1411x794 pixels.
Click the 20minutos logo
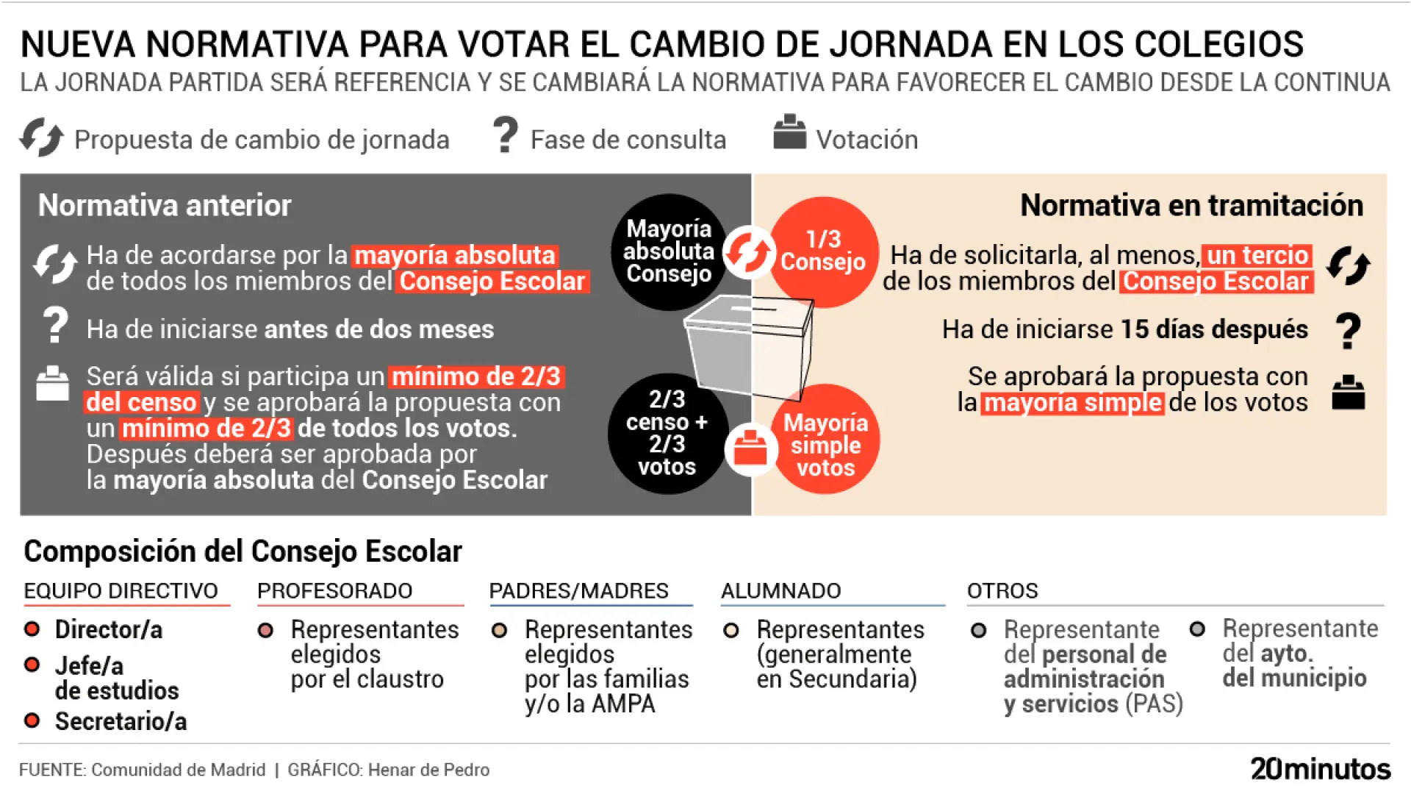click(1320, 769)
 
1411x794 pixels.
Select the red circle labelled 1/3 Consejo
click(825, 251)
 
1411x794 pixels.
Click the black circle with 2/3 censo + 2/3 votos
click(667, 433)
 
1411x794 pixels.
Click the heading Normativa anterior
click(165, 205)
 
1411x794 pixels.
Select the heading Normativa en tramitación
click(1191, 205)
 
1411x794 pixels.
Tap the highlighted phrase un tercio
click(1257, 255)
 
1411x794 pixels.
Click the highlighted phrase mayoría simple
click(1072, 403)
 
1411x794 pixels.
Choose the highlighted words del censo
click(141, 403)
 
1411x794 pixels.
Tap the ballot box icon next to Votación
click(789, 132)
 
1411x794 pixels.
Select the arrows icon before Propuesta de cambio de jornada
click(42, 137)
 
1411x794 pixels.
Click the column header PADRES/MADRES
click(578, 590)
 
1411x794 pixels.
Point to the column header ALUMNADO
click(780, 590)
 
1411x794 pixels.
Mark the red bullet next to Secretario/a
click(32, 720)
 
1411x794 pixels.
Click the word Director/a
click(109, 630)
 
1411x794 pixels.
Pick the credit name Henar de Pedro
click(428, 770)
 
